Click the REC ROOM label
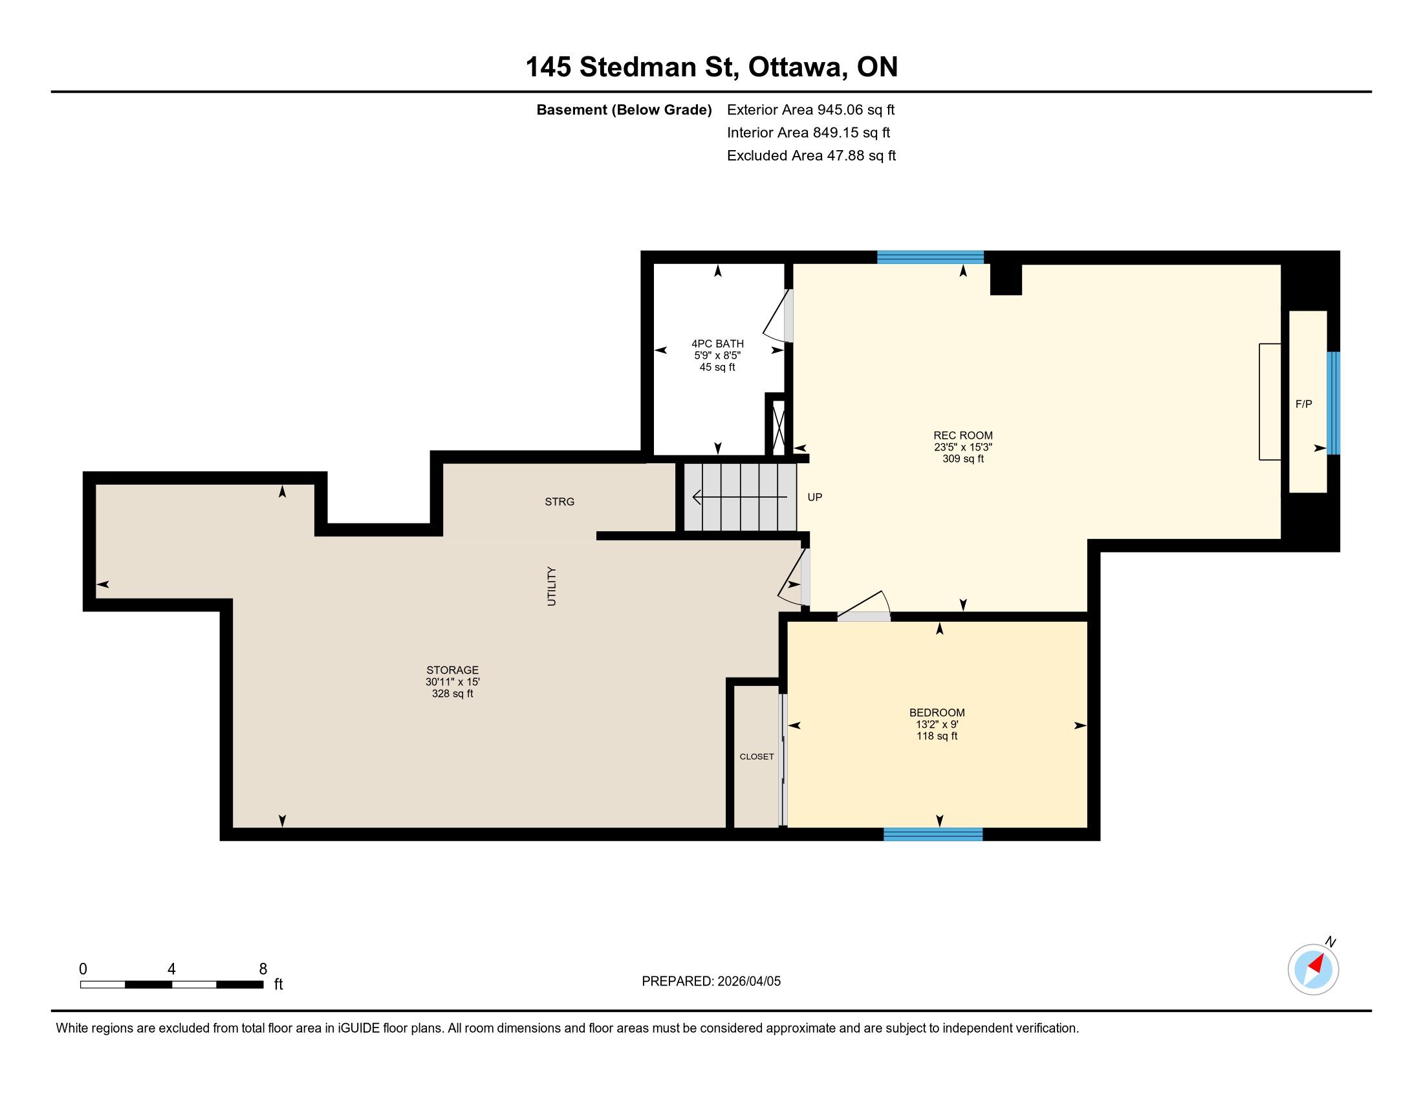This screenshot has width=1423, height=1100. tap(963, 435)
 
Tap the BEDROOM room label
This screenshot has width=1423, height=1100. tap(937, 712)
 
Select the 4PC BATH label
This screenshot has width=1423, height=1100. tap(717, 344)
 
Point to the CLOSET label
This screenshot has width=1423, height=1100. tap(757, 756)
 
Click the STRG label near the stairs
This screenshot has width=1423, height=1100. tap(559, 501)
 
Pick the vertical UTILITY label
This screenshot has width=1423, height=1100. tap(552, 586)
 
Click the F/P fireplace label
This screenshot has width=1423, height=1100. tap(1304, 404)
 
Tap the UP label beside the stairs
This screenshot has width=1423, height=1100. tap(814, 497)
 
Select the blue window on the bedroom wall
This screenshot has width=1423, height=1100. tap(933, 834)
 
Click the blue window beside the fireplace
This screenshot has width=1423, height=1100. tap(1334, 403)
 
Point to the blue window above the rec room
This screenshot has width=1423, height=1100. tap(930, 258)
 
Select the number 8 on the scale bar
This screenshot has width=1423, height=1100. tap(263, 969)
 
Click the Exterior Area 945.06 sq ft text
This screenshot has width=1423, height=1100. tap(810, 109)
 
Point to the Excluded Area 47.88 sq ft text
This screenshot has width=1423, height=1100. tap(811, 156)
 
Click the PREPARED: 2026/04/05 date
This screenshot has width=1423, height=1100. tap(711, 982)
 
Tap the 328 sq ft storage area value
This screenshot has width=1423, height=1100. tap(452, 694)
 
